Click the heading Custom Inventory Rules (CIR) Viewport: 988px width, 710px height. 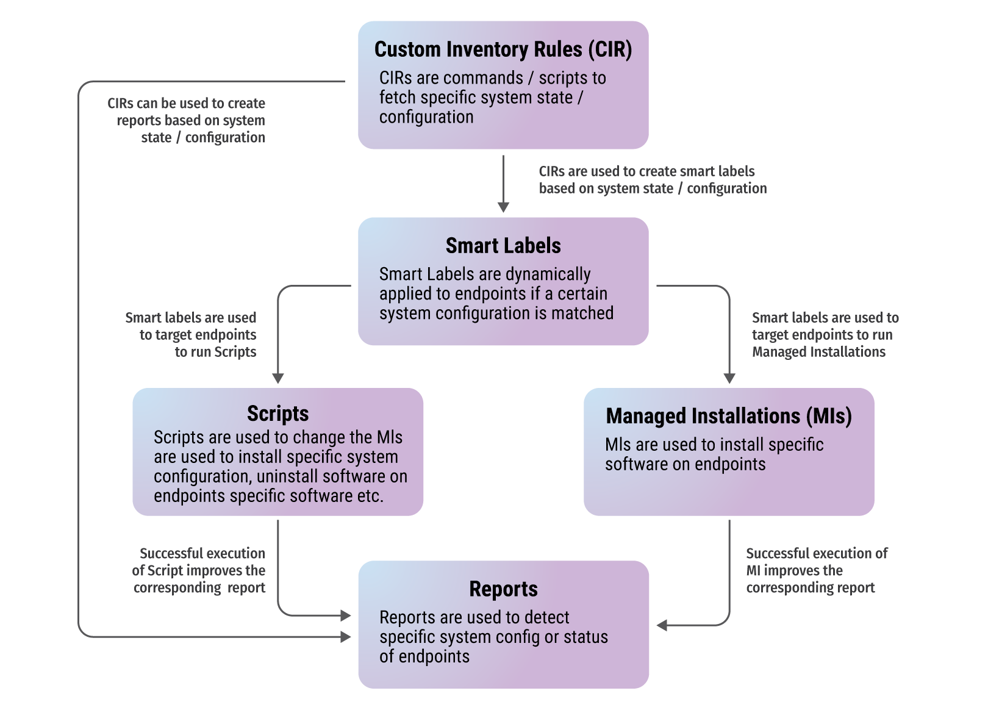pyautogui.click(x=503, y=49)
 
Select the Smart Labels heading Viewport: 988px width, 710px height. pyautogui.click(x=503, y=246)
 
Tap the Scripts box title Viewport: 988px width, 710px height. pyautogui.click(x=277, y=414)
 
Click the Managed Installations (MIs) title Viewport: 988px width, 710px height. pyautogui.click(x=728, y=416)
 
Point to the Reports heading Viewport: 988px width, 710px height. pyautogui.click(x=503, y=589)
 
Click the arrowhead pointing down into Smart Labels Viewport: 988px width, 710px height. pyautogui.click(x=503, y=207)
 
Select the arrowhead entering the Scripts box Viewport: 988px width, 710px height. pyautogui.click(x=278, y=379)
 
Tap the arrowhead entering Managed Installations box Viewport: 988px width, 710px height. pyautogui.click(x=729, y=379)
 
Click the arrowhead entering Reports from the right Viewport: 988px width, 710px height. pyautogui.click(x=662, y=625)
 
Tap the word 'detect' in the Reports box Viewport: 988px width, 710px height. pyautogui.click(x=546, y=617)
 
